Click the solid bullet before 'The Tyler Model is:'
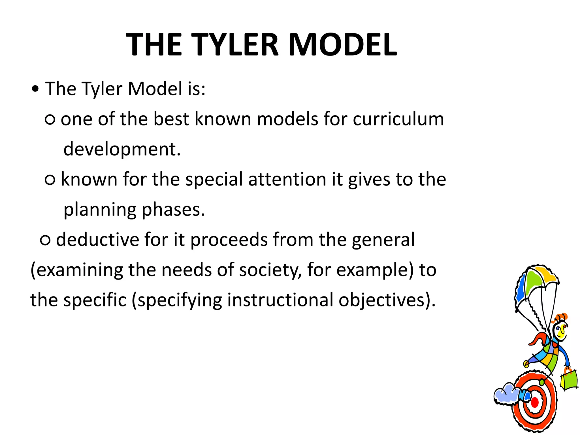(x=35, y=90)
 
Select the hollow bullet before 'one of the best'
(x=50, y=120)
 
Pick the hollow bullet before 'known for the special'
(x=50, y=180)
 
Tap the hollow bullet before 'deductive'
(x=45, y=240)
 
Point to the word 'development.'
(x=122, y=149)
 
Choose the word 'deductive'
(x=97, y=240)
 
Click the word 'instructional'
(x=280, y=300)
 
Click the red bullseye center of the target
(x=535, y=402)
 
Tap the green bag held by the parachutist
(x=569, y=379)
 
